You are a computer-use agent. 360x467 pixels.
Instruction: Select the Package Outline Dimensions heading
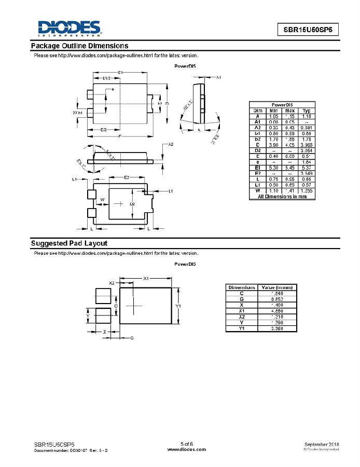coord(80,46)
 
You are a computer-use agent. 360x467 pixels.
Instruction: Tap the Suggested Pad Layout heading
coord(69,243)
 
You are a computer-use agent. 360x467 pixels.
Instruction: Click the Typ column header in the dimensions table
coord(307,111)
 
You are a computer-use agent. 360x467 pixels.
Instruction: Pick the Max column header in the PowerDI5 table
coord(290,111)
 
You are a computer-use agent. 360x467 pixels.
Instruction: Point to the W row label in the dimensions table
coord(258,190)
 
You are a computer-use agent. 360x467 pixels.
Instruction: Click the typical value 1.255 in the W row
coord(307,190)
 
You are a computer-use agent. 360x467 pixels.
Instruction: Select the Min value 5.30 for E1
coord(273,168)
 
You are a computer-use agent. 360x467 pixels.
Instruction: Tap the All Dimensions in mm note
coord(282,196)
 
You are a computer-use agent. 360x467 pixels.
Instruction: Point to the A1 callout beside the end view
coord(218,77)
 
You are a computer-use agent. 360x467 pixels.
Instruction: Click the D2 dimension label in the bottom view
coord(132,204)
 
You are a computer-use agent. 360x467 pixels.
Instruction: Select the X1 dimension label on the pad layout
coord(146,279)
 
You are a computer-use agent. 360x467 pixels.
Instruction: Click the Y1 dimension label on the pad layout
coord(178,306)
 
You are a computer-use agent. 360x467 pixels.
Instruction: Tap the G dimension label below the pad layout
coord(132,338)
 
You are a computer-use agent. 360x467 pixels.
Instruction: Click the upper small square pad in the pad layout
coord(103,295)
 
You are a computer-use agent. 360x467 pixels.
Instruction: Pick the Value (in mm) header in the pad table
coord(277,287)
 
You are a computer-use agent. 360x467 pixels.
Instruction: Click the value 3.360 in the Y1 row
coord(277,328)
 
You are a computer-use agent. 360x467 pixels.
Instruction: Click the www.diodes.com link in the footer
coord(186,449)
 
